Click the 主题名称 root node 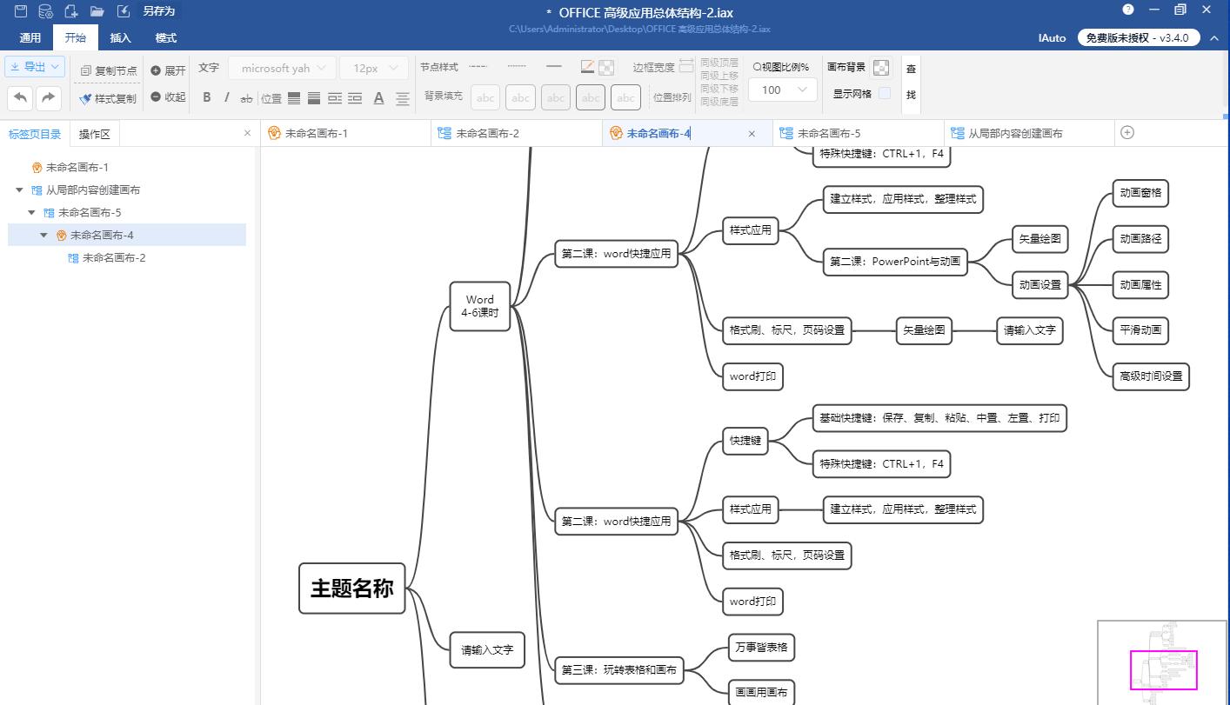coord(351,589)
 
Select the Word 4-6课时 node coord(479,306)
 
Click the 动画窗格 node coord(1140,193)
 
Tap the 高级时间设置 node coord(1150,376)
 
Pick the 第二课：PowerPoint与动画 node coord(894,261)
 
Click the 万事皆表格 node coord(760,647)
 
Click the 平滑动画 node coord(1140,330)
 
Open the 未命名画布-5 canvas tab coord(828,133)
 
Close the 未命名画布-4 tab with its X coord(752,134)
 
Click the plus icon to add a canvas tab coord(1127,132)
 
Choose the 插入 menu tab coord(120,37)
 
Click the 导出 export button coord(35,67)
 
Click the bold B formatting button coord(206,97)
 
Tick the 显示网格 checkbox coord(884,93)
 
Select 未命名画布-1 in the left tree coord(77,168)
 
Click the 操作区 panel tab coord(94,134)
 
